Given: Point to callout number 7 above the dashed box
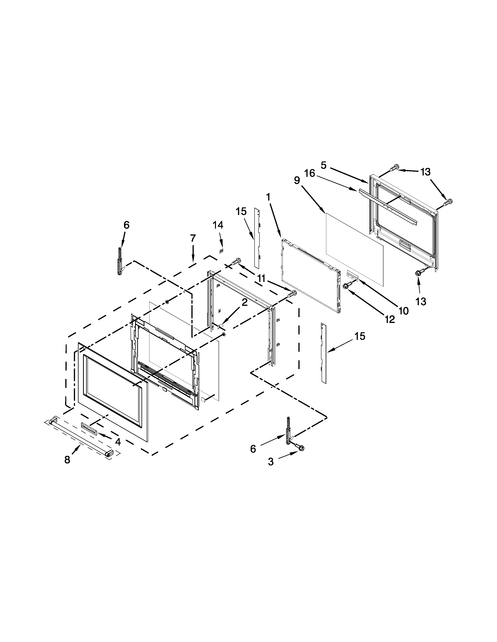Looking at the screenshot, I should click(x=193, y=238).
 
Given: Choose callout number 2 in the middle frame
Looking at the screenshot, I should click(x=245, y=303).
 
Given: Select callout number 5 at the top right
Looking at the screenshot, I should click(x=324, y=166).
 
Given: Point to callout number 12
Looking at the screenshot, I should click(x=390, y=319).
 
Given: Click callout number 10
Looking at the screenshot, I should click(x=403, y=311).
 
